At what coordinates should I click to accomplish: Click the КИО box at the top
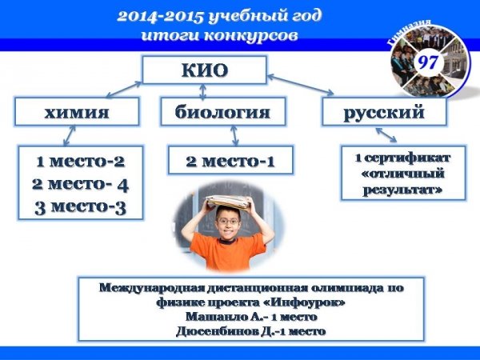(x=205, y=70)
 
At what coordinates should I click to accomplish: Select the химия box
(x=77, y=111)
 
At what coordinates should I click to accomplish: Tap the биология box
(x=223, y=111)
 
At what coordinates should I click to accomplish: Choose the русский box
(x=384, y=111)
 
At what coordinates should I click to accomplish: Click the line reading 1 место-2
(x=81, y=162)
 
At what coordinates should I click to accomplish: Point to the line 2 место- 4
(x=80, y=184)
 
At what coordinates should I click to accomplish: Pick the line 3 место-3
(x=80, y=207)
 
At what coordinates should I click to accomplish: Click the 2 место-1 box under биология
(x=230, y=160)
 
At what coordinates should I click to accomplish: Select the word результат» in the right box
(x=403, y=190)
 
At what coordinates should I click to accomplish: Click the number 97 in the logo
(x=428, y=62)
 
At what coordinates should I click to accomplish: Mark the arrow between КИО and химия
(x=124, y=90)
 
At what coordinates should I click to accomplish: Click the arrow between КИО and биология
(x=202, y=91)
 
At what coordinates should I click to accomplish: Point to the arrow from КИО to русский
(x=301, y=85)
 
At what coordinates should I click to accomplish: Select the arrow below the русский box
(x=386, y=134)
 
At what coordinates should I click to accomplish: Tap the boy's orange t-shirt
(x=228, y=252)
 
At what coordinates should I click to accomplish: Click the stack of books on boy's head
(x=227, y=202)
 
